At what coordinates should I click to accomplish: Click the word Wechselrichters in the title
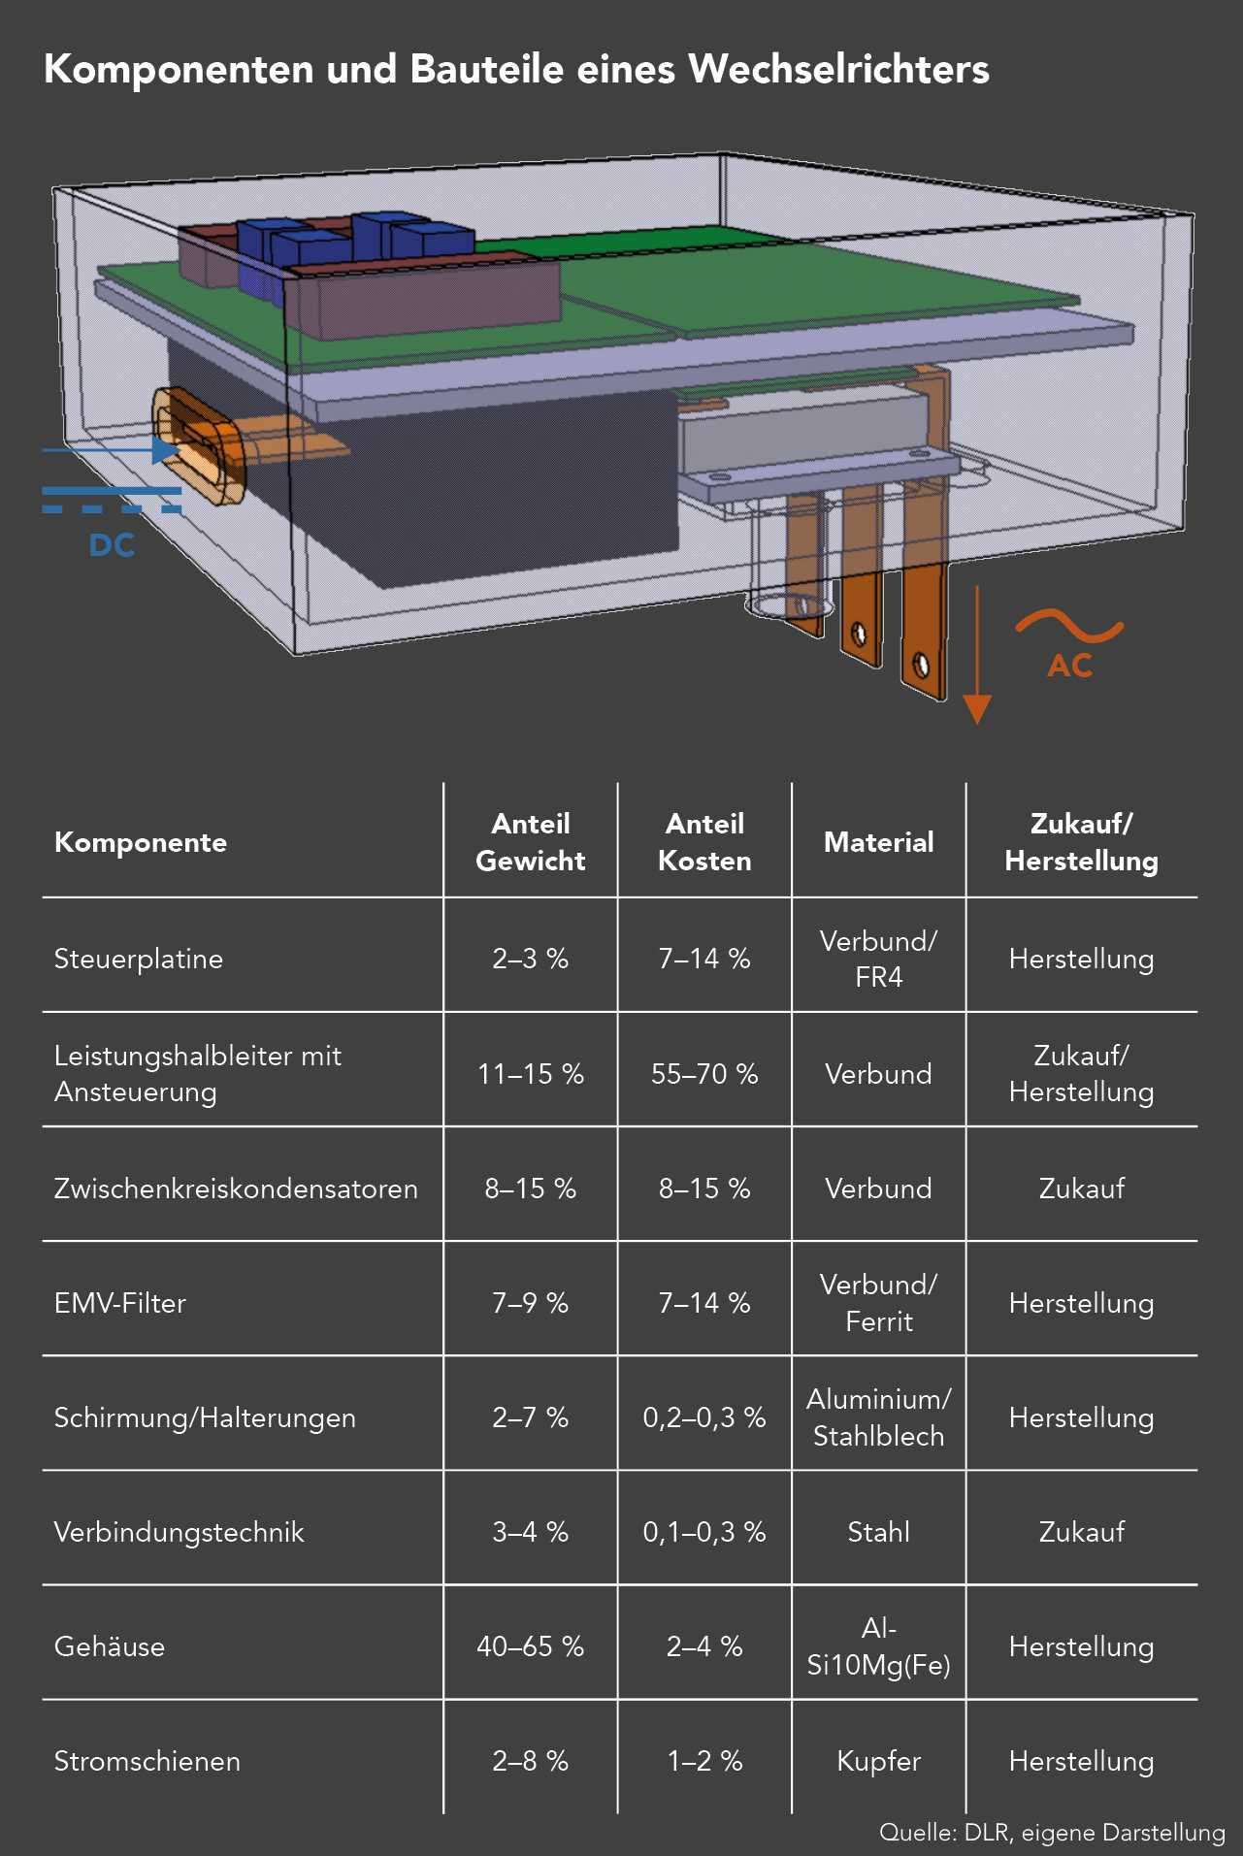pyautogui.click(x=838, y=70)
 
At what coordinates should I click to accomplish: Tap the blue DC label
pyautogui.click(x=113, y=545)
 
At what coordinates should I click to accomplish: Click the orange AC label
pyautogui.click(x=1070, y=666)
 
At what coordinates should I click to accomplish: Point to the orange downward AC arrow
pyautogui.click(x=977, y=655)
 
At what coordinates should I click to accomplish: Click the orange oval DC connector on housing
pyautogui.click(x=199, y=446)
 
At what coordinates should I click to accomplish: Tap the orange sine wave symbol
pyautogui.click(x=1069, y=626)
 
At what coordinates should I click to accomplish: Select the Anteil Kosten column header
pyautogui.click(x=704, y=841)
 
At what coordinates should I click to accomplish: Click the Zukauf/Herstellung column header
pyautogui.click(x=1081, y=841)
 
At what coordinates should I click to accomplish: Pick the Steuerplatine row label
pyautogui.click(x=139, y=959)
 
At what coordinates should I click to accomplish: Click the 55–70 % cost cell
pyautogui.click(x=704, y=1074)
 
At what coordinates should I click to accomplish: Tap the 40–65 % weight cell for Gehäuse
pyautogui.click(x=530, y=1646)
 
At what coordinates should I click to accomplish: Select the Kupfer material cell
pyautogui.click(x=879, y=1761)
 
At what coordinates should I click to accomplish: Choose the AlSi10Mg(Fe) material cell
pyautogui.click(x=879, y=1646)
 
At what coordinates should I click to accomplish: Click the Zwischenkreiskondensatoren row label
pyautogui.click(x=236, y=1188)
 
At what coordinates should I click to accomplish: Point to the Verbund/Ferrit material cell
pyautogui.click(x=879, y=1303)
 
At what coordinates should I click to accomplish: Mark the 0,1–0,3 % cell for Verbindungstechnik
pyautogui.click(x=704, y=1532)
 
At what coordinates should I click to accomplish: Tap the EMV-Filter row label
pyautogui.click(x=120, y=1303)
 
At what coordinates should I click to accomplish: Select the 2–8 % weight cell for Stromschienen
pyautogui.click(x=530, y=1761)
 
